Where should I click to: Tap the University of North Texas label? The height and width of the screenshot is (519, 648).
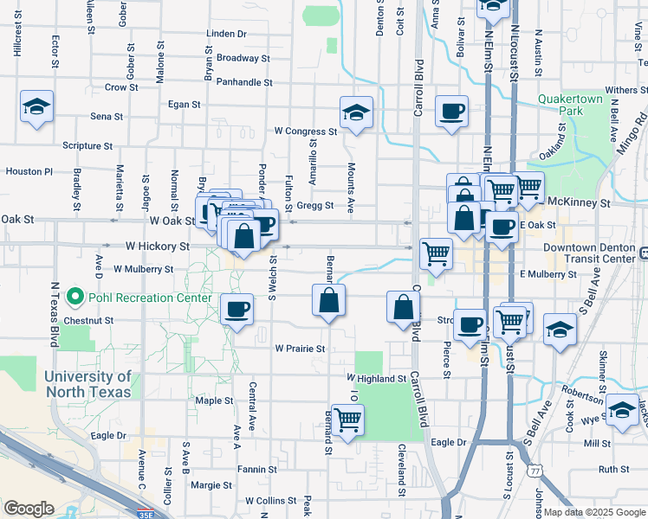pyautogui.click(x=87, y=384)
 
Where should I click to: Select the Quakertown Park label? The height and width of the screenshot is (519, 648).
pyautogui.click(x=571, y=106)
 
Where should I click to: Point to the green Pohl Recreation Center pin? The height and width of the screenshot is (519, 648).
pyautogui.click(x=75, y=298)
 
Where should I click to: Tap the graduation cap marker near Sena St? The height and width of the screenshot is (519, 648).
pyautogui.click(x=36, y=107)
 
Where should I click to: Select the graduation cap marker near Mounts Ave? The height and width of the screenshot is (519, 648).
pyautogui.click(x=355, y=113)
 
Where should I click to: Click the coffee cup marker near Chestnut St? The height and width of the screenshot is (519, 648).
pyautogui.click(x=237, y=309)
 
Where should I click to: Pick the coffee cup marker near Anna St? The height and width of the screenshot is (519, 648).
pyautogui.click(x=452, y=112)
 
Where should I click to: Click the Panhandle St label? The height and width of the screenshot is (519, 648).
pyautogui.click(x=244, y=83)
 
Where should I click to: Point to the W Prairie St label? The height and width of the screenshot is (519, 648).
pyautogui.click(x=300, y=349)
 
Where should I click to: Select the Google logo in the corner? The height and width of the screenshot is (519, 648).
pyautogui.click(x=29, y=509)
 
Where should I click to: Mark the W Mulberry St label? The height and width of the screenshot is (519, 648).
pyautogui.click(x=143, y=269)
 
